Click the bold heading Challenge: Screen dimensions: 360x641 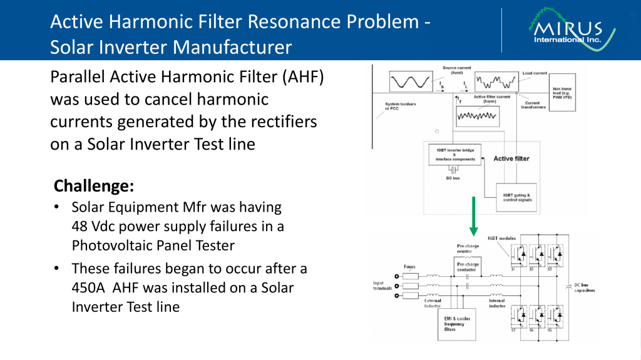(94, 186)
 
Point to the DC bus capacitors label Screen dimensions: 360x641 (584, 288)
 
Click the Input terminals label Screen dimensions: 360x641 (383, 285)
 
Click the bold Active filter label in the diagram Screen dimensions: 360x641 (511, 158)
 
